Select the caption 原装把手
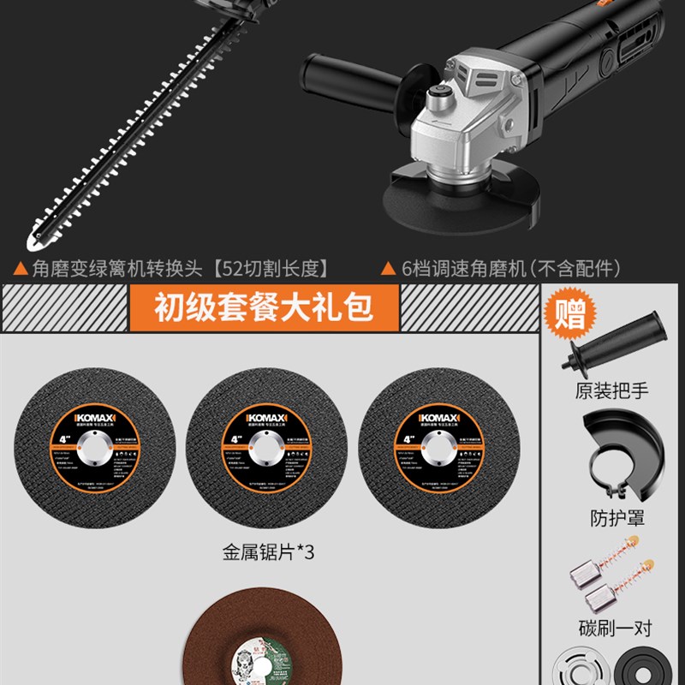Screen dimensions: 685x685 pos(611,392)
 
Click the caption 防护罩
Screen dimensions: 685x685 pos(611,517)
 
